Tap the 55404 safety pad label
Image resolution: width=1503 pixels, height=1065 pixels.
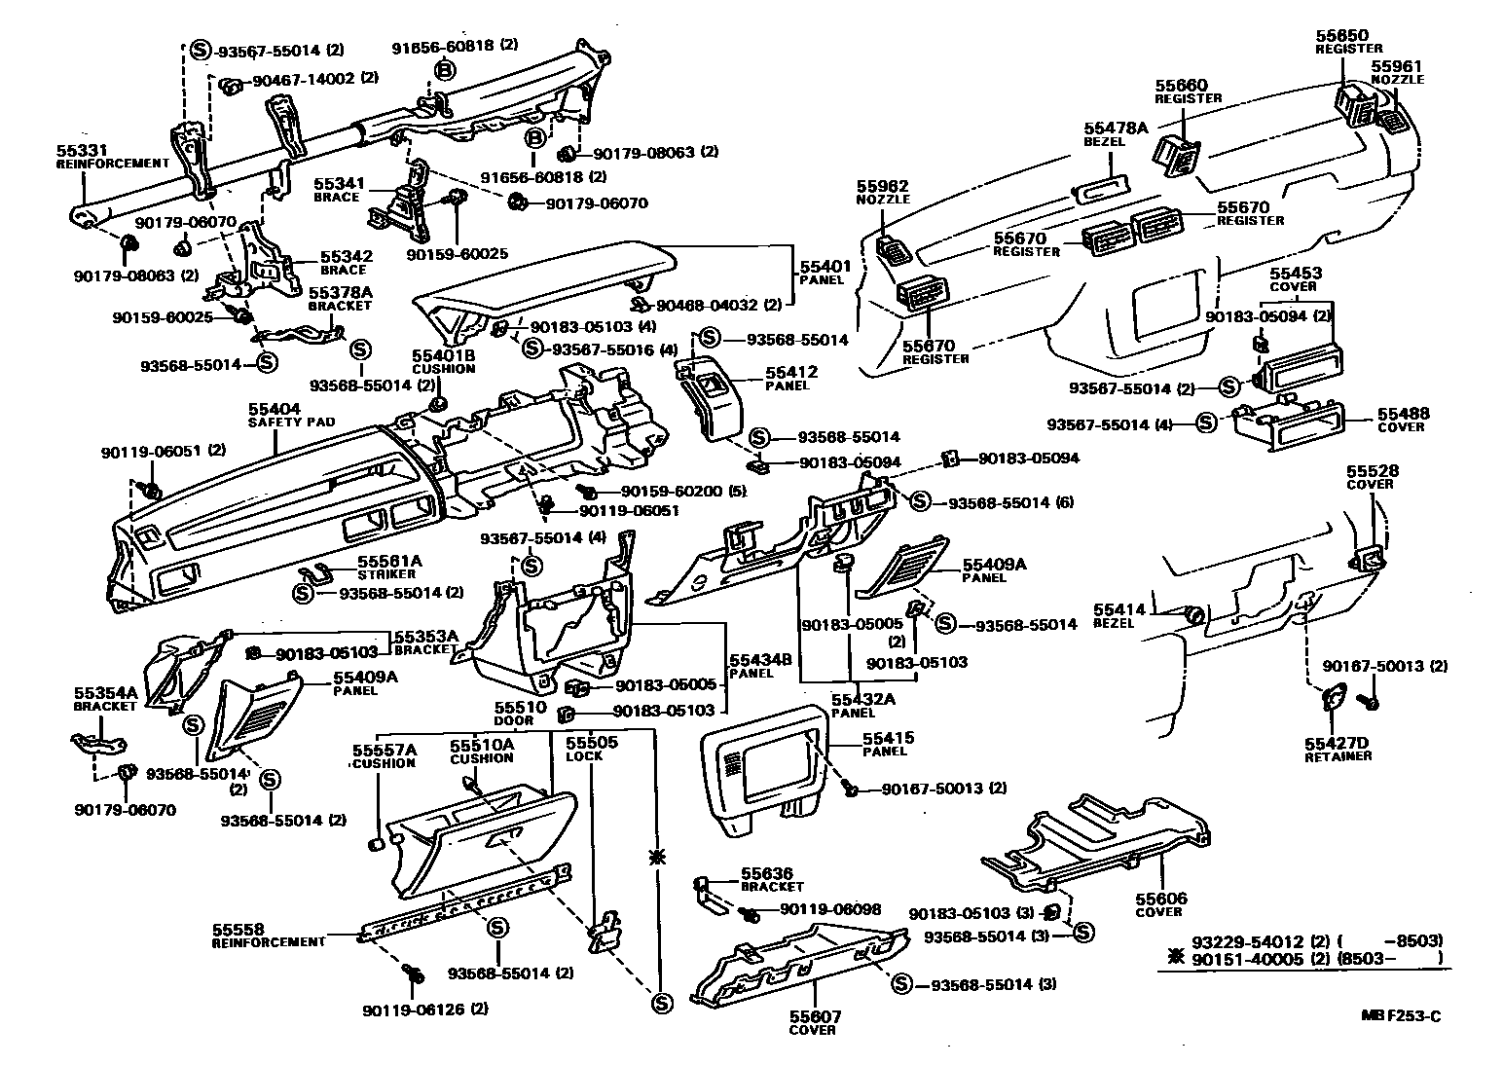(274, 409)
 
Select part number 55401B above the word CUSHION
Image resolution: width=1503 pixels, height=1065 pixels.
(443, 355)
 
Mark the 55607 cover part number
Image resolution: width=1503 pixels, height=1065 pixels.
(816, 1016)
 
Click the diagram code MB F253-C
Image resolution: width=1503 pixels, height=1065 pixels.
(1400, 1016)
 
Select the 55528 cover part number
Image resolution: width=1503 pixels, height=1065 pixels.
(1373, 471)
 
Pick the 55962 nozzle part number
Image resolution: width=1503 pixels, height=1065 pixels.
(882, 186)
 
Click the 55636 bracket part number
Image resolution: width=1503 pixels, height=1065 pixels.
(767, 873)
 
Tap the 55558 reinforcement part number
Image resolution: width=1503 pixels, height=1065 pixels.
(238, 930)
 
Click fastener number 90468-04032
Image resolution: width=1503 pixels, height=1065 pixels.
(707, 305)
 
